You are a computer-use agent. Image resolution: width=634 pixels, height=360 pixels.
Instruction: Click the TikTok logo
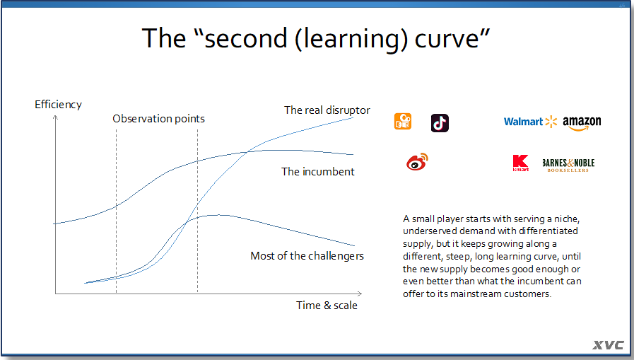440,123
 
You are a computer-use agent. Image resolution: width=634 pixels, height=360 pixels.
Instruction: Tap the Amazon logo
582,123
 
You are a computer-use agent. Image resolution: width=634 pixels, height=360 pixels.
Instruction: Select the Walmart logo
530,122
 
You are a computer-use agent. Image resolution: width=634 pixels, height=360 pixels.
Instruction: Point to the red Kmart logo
520,163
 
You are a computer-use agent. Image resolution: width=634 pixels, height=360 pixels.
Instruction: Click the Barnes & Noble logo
568,165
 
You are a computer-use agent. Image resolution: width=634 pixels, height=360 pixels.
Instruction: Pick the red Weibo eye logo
417,162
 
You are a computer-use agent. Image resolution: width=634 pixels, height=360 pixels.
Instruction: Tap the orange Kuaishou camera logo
403,122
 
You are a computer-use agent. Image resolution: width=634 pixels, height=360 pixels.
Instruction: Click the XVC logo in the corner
609,345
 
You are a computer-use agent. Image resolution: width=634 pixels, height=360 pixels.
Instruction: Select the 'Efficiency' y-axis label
58,105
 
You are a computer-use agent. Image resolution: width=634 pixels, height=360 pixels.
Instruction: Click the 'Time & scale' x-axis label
327,306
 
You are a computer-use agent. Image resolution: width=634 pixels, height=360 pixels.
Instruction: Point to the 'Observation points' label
158,119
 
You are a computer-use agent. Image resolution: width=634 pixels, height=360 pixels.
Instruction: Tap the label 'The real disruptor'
327,110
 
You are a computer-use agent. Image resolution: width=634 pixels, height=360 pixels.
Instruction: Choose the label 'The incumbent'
318,171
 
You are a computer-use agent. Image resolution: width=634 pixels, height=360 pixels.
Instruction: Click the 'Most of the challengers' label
307,256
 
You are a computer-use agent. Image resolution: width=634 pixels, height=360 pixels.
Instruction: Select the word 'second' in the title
246,38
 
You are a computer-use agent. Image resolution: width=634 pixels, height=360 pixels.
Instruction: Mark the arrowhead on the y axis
55,117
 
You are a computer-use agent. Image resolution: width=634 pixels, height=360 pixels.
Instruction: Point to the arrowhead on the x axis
360,294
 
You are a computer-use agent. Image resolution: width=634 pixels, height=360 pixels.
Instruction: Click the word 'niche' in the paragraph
567,219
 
